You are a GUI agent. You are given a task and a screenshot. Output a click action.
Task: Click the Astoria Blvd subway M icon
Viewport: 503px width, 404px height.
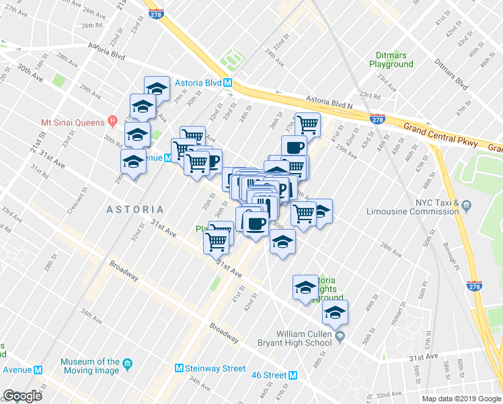(228, 83)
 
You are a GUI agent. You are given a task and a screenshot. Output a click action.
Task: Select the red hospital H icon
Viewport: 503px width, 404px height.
(112, 122)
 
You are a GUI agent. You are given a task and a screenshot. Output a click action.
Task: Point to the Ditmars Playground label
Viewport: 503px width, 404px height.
(391, 59)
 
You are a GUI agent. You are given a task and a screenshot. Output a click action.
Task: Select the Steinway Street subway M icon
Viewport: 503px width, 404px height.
(179, 368)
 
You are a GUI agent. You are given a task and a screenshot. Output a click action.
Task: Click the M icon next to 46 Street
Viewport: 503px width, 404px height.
(293, 375)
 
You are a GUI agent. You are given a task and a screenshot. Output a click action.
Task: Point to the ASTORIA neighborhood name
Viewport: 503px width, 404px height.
(134, 210)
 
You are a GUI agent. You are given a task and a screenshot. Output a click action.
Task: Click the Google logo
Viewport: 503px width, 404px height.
(22, 396)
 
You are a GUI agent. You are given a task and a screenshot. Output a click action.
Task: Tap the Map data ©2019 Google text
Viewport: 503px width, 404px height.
(461, 399)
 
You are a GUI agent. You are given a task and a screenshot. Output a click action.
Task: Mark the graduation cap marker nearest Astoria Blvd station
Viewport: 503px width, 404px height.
(157, 88)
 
